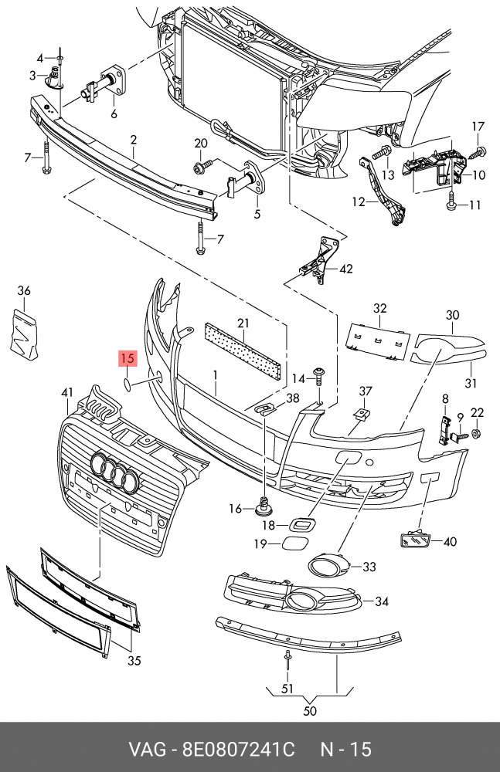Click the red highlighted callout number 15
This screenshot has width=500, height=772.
click(127, 358)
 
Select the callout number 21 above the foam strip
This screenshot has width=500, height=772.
click(243, 323)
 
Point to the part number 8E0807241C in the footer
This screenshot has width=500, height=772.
click(239, 749)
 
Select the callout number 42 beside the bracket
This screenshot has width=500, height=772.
click(345, 269)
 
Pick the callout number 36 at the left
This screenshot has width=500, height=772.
click(24, 291)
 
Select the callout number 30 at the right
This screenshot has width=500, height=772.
click(452, 315)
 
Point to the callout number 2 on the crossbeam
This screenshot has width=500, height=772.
click(133, 140)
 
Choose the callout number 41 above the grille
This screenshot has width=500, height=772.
click(67, 394)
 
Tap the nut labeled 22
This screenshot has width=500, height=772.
click(477, 434)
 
